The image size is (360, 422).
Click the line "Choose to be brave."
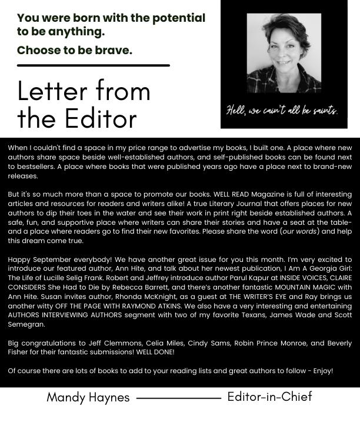coord(75,50)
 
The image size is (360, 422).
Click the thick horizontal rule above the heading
coord(94,65)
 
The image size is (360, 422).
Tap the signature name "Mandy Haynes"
coord(88,398)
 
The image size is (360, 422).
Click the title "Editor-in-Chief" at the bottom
coord(270,397)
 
